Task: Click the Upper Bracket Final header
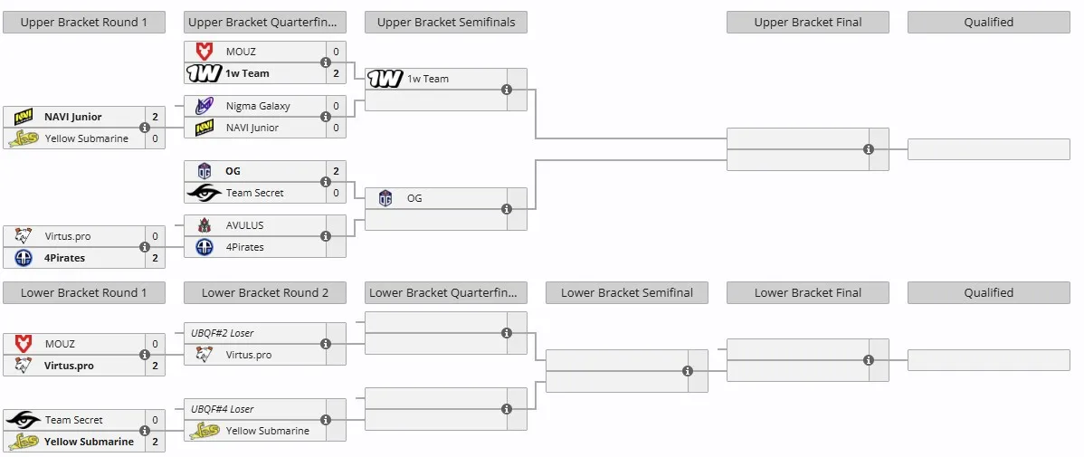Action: click(807, 22)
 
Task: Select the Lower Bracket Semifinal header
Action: click(626, 292)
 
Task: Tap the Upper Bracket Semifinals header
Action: click(446, 22)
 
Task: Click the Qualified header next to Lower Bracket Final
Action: click(989, 292)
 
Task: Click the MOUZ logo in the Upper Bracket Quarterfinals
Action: click(204, 52)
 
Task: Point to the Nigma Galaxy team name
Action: click(258, 106)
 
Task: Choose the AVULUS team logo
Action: click(204, 225)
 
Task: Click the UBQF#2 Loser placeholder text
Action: click(222, 332)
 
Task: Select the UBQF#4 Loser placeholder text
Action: click(222, 409)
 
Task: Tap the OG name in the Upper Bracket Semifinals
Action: click(414, 198)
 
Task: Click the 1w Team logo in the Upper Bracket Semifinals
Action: click(385, 79)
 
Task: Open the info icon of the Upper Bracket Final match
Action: click(869, 149)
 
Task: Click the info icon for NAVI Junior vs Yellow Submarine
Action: click(145, 128)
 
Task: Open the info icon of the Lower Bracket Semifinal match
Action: click(688, 371)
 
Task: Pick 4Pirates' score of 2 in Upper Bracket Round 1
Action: click(155, 258)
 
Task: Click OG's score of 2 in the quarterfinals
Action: click(336, 171)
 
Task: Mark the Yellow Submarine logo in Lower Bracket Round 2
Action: click(204, 431)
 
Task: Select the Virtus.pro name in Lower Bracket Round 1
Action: click(69, 366)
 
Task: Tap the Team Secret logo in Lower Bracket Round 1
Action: click(23, 420)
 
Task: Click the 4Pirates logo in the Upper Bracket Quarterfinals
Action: click(204, 247)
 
